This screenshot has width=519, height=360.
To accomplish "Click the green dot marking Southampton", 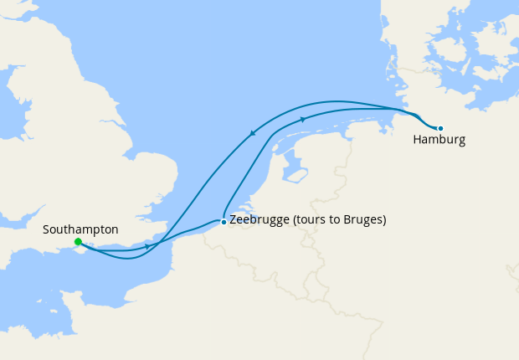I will point(78,242).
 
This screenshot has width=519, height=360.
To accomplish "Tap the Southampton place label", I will point(80,229).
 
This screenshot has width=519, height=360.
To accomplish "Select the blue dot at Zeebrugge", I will point(223,222).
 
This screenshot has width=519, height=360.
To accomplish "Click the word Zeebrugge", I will point(259,221).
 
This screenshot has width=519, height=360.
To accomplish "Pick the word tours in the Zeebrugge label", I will point(311,221).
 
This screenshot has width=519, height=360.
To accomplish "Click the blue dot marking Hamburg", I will point(440,128).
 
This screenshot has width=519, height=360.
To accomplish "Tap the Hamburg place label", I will point(439,140).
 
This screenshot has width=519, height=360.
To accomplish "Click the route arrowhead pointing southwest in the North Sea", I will point(253,132).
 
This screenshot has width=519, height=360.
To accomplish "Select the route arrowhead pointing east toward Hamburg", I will point(302,120).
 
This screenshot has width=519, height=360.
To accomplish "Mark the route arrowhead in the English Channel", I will point(147,246).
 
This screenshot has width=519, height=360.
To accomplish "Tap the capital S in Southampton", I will point(46,229).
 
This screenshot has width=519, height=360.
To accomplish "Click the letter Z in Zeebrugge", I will point(233,221).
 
